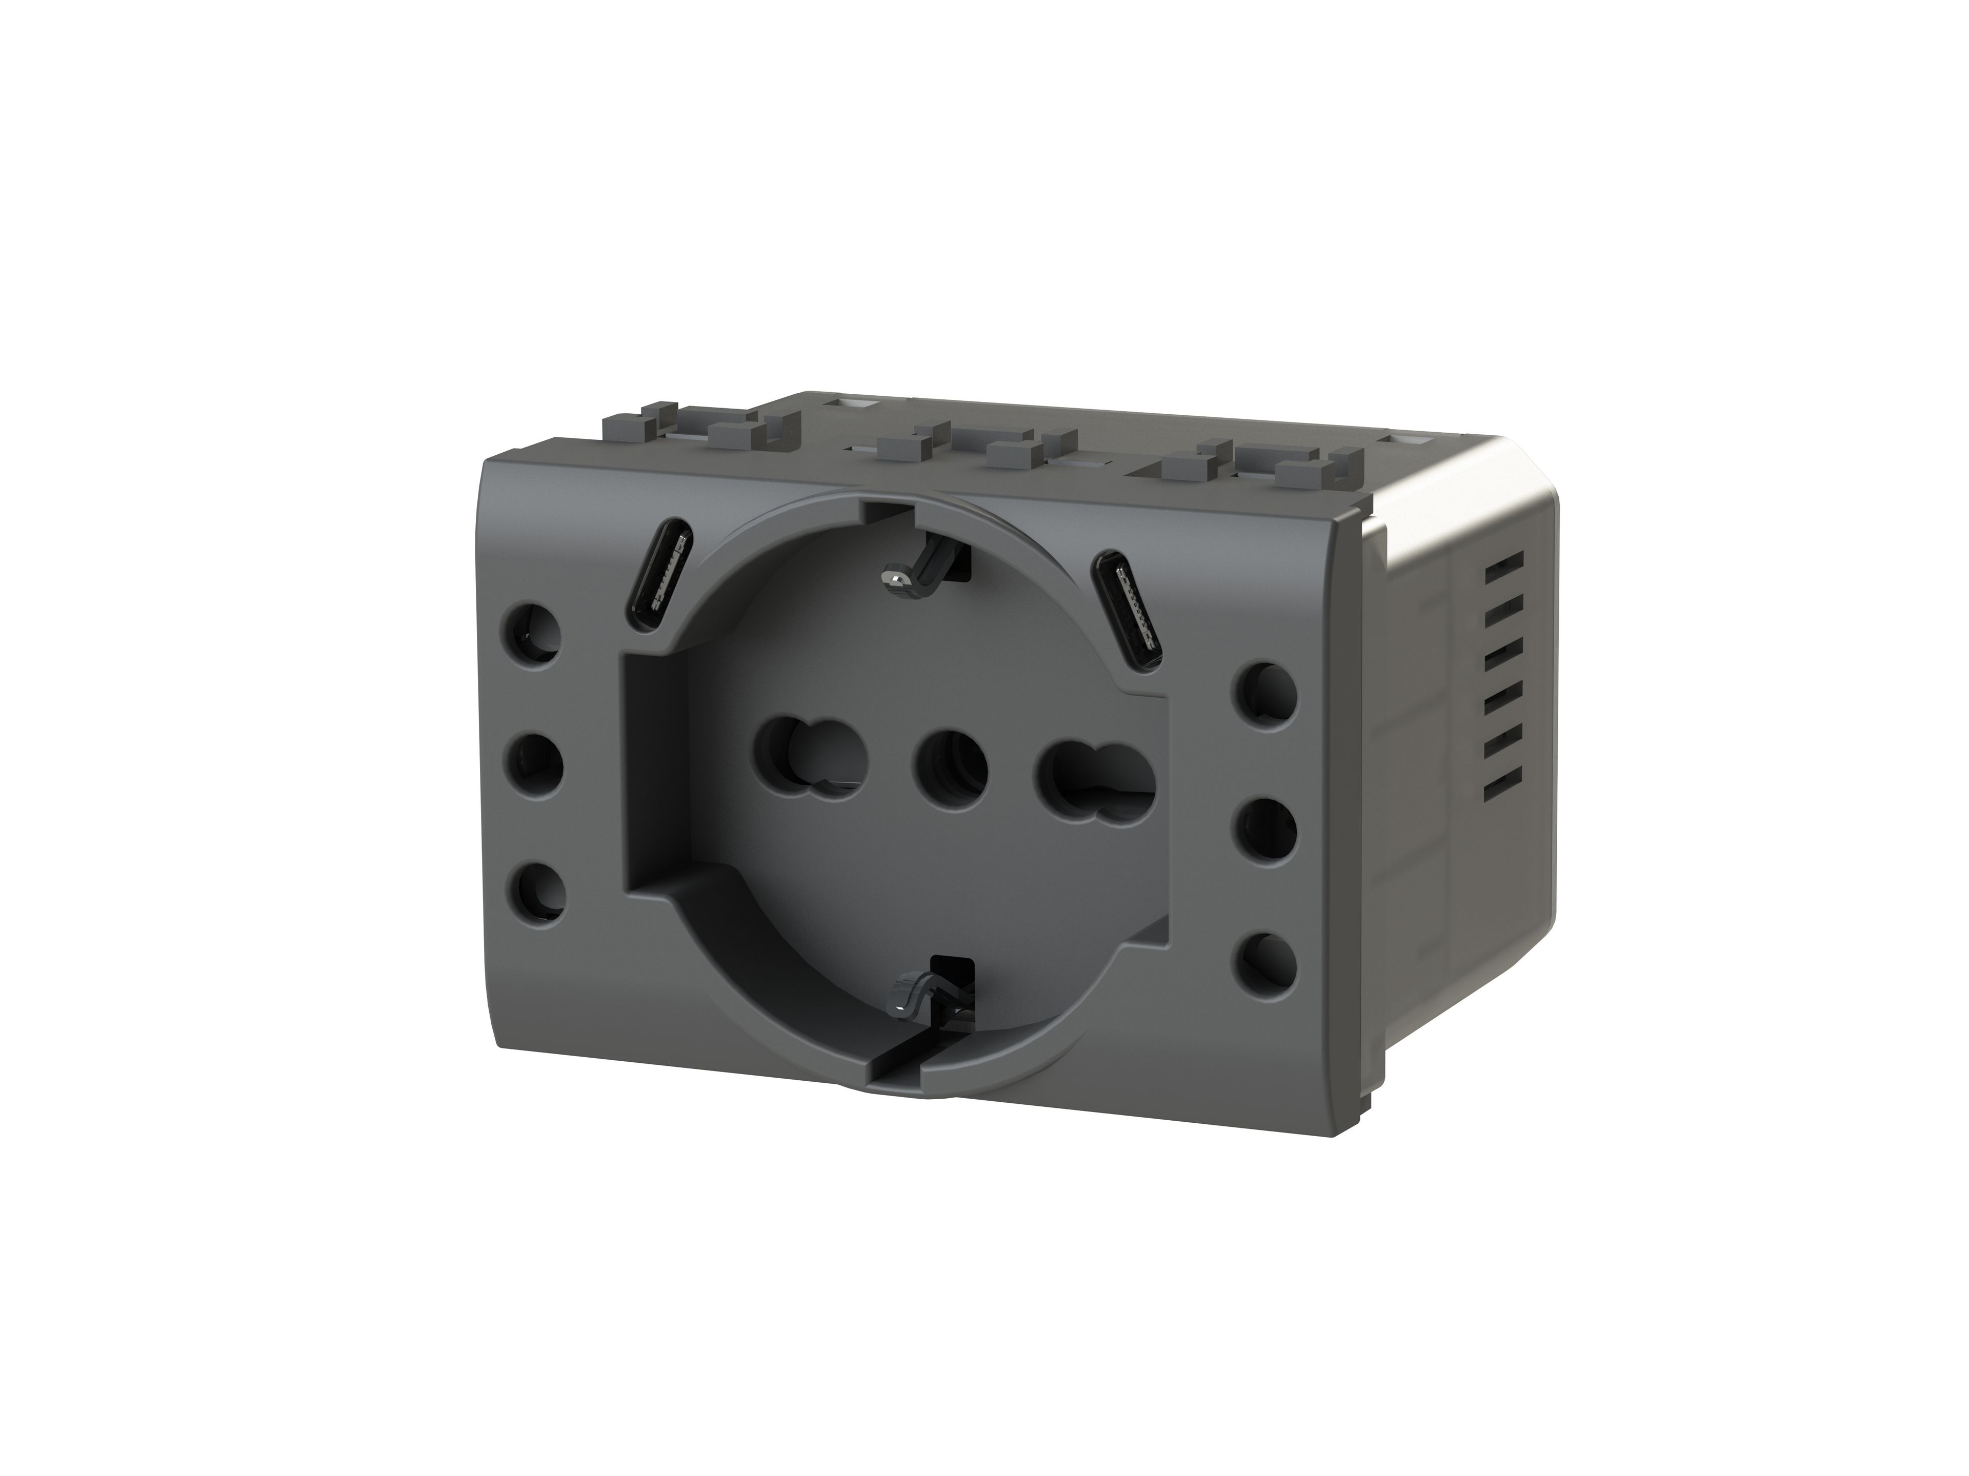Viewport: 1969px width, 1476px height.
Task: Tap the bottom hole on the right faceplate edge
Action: click(1266, 961)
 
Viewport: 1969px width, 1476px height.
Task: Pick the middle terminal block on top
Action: click(966, 450)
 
